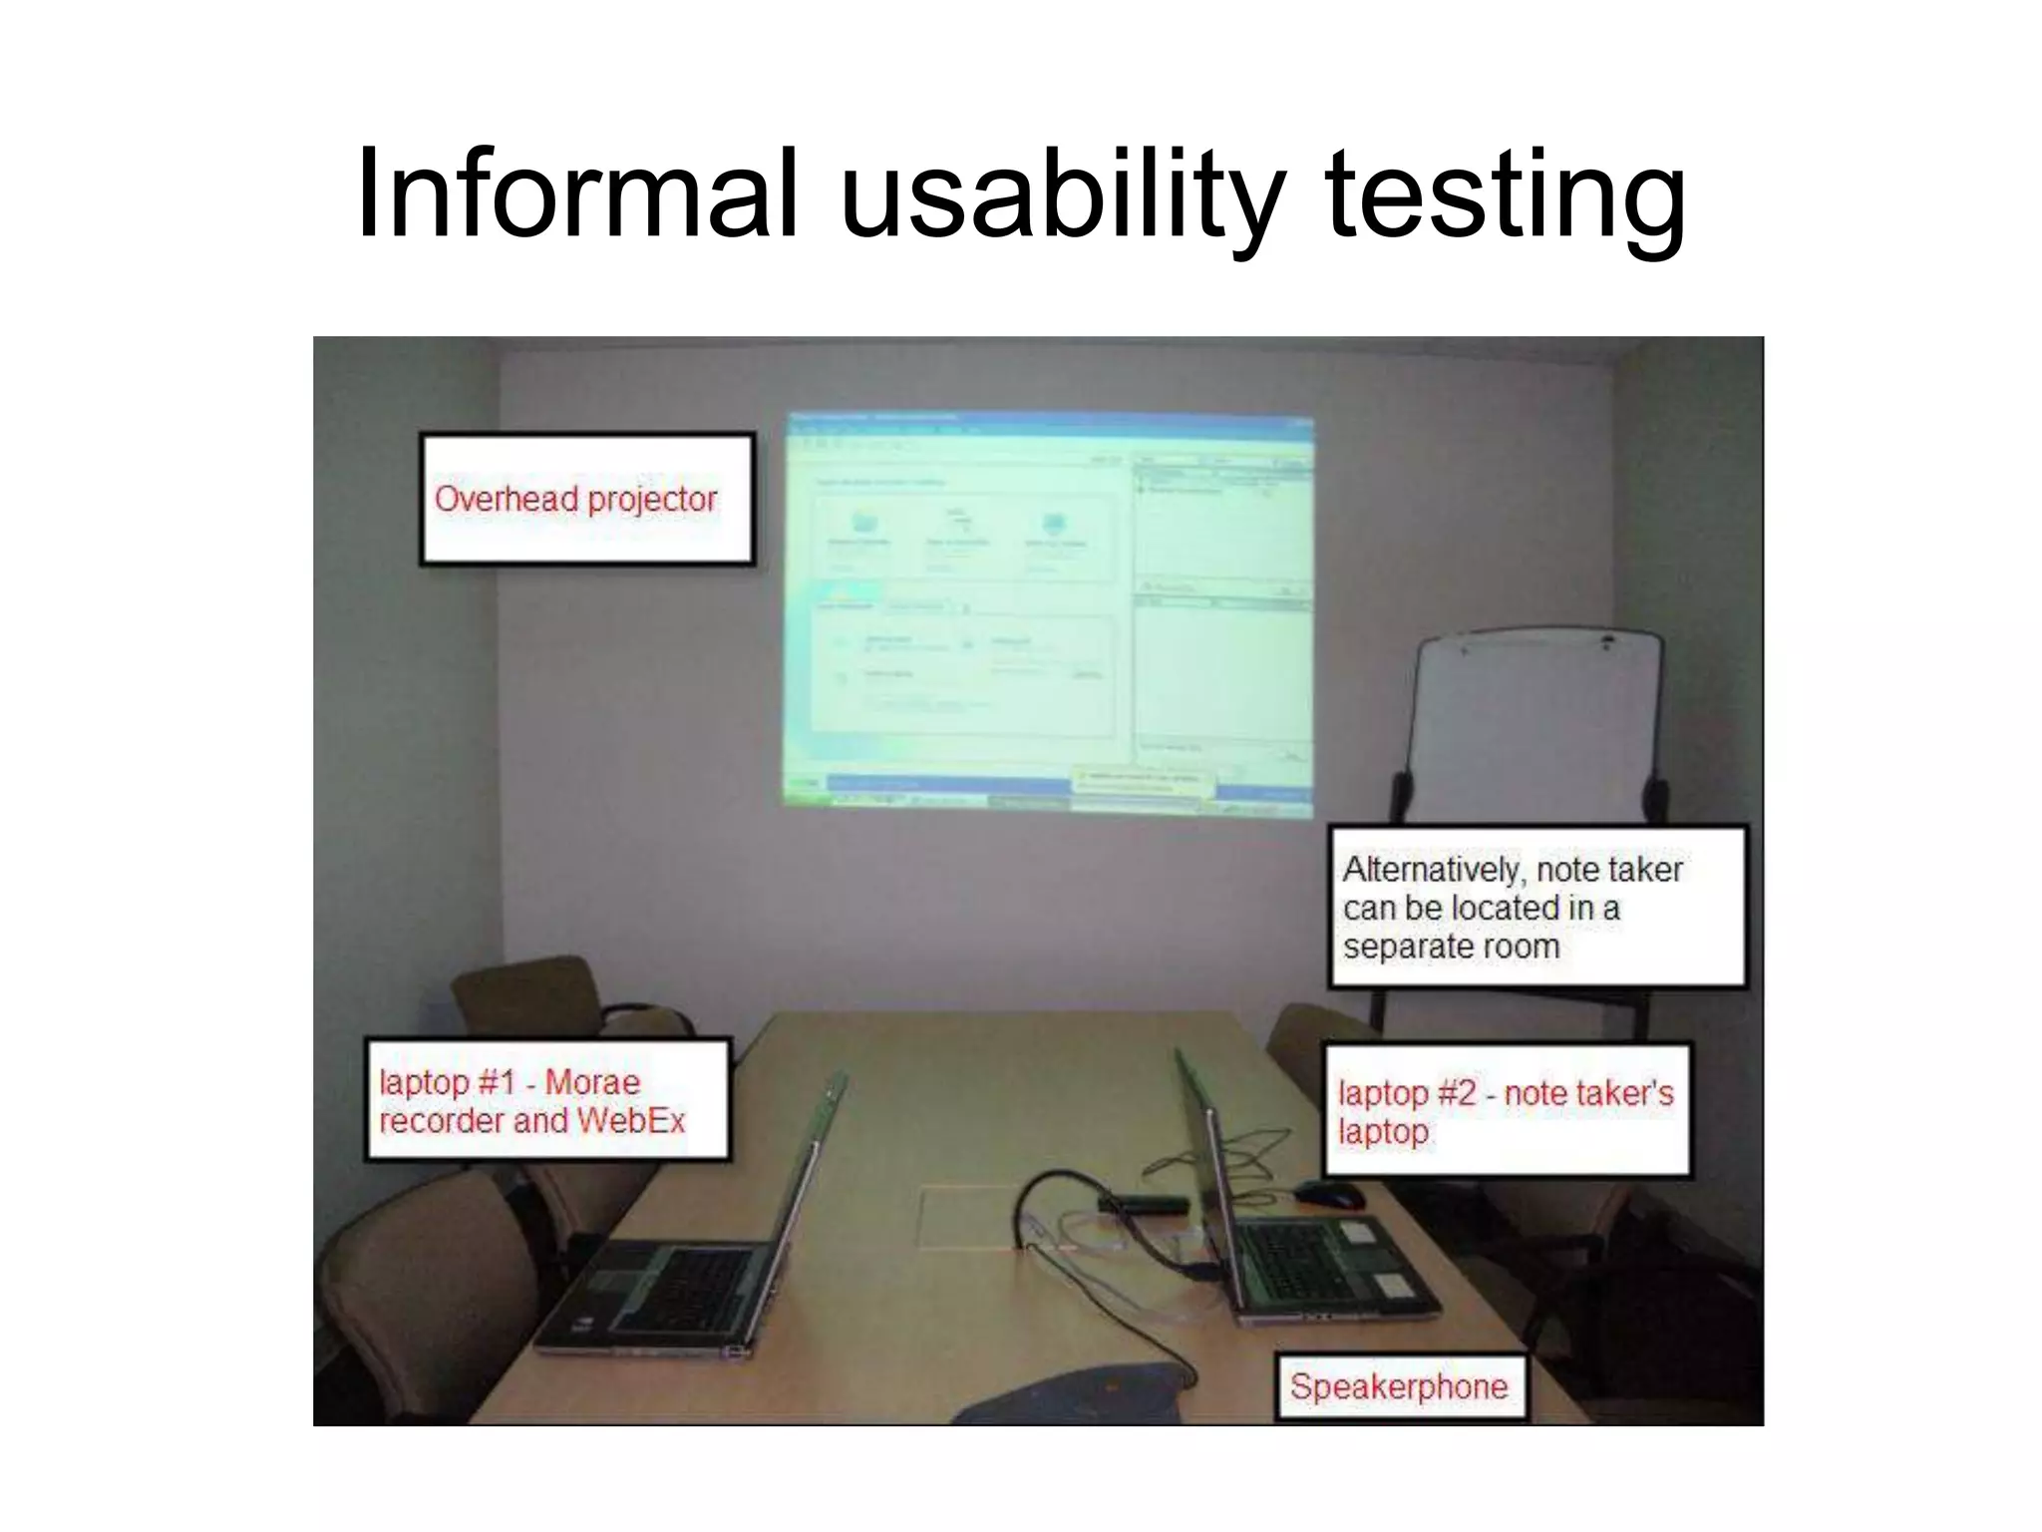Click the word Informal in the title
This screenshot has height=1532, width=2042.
pyautogui.click(x=576, y=193)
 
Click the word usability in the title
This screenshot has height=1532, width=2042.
pyautogui.click(x=1061, y=193)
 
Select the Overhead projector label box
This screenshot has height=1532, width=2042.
pyautogui.click(x=586, y=499)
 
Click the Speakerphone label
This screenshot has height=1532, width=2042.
pyautogui.click(x=1399, y=1386)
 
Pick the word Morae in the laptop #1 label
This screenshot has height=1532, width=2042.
pyautogui.click(x=592, y=1082)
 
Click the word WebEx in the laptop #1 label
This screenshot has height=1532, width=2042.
pyautogui.click(x=631, y=1121)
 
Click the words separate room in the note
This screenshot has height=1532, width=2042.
pyautogui.click(x=1451, y=947)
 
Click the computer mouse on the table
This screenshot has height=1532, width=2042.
pyautogui.click(x=1331, y=1194)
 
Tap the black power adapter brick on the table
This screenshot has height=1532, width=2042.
pyautogui.click(x=1144, y=1205)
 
